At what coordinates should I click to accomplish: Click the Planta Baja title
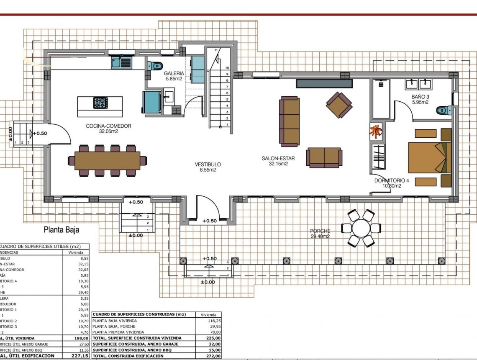pos(62,229)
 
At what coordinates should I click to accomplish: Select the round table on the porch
pos(361,228)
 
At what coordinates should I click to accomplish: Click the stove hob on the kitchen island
pos(100,103)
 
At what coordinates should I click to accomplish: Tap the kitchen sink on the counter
pos(121,63)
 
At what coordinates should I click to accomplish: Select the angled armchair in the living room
pos(339,105)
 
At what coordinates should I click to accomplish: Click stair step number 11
pos(216,50)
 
